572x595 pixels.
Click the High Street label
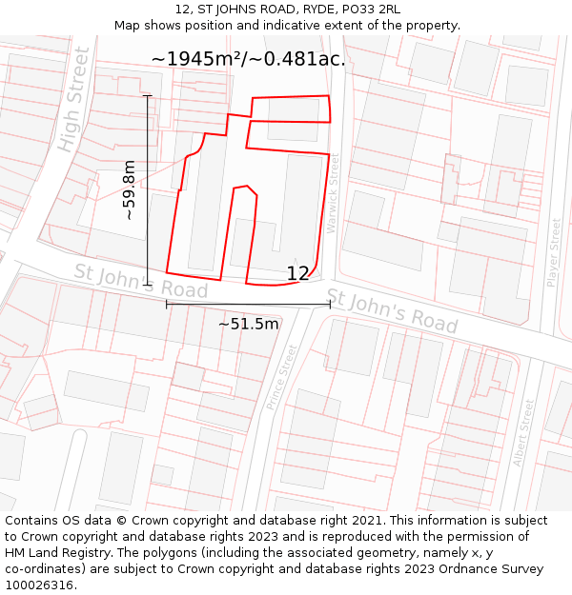click(73, 100)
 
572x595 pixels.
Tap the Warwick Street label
click(333, 194)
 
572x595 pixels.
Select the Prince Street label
click(282, 377)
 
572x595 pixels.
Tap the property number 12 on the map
click(297, 274)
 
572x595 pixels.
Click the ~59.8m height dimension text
click(130, 190)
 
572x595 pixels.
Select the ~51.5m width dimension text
click(248, 324)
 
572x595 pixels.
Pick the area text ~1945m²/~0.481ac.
click(248, 59)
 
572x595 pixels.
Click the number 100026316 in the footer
click(39, 585)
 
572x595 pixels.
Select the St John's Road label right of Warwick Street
click(392, 310)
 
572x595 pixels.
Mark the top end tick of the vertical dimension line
click(147, 96)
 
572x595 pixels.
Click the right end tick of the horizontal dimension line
click(330, 304)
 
